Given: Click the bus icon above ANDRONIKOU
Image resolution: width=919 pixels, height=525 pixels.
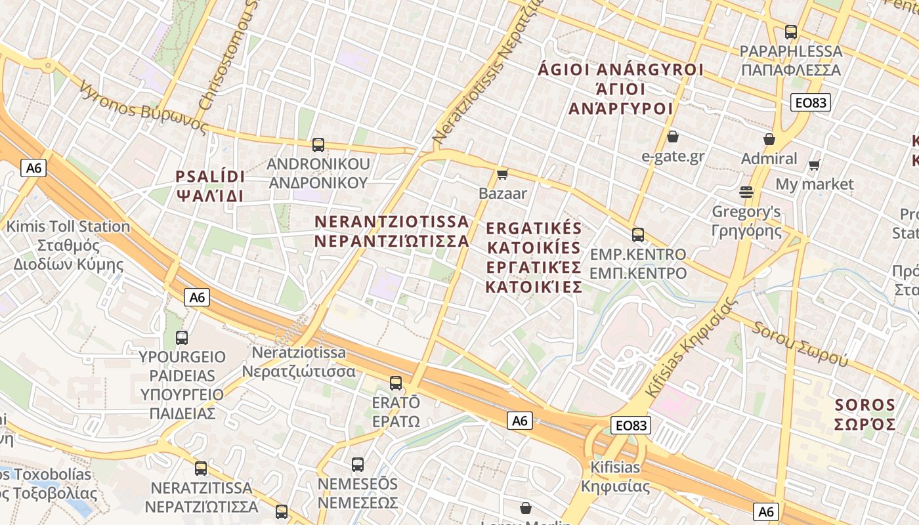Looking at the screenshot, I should coord(318,145).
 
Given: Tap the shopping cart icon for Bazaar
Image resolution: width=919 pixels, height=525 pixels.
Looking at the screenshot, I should coord(503,174).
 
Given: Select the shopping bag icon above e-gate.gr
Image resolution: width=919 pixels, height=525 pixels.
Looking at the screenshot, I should coord(672,136).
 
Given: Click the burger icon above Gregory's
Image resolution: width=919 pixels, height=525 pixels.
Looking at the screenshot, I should coord(746,192).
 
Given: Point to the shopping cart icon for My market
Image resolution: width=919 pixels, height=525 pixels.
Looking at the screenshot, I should coord(815,165).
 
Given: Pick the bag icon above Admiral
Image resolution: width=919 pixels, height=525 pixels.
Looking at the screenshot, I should coord(769,139).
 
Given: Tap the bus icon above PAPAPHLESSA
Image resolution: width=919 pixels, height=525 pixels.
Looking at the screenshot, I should coord(791,31).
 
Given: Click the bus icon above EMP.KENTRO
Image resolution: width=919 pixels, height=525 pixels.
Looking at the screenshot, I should coord(638,235).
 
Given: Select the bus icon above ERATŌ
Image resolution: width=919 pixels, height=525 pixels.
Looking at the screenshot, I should coord(396,383).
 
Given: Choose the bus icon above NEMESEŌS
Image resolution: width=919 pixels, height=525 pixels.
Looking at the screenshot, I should coord(358,465).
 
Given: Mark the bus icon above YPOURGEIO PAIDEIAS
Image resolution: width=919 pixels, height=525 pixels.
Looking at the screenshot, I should coord(182,338).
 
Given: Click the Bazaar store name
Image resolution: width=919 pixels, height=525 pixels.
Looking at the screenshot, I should coord(503,194).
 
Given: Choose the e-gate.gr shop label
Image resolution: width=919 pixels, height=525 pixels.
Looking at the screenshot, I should coord(673,156).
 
